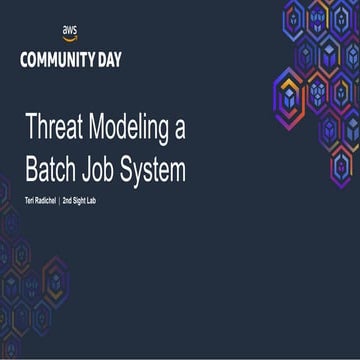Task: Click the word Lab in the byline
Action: tap(111, 202)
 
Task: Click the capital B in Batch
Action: tap(32, 170)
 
